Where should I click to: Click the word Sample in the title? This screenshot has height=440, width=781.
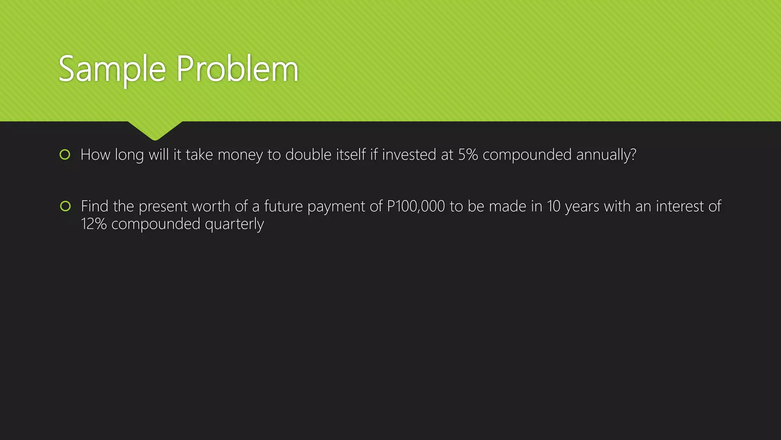point(112,70)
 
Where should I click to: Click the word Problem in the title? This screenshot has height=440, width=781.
point(237,70)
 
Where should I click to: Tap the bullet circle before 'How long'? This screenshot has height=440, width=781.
point(65,155)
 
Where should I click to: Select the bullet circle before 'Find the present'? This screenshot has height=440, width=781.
point(65,206)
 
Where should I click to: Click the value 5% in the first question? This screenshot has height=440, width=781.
point(468,155)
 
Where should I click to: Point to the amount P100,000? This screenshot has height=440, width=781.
point(416,206)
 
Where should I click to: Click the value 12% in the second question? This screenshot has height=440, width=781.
point(93,224)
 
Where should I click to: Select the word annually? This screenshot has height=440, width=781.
point(606,155)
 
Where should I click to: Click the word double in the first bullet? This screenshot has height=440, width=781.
point(308,155)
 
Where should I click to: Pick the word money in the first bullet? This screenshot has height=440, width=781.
point(240,155)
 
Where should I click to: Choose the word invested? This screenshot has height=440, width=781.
point(409,155)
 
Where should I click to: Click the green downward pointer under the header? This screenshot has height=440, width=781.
point(155,130)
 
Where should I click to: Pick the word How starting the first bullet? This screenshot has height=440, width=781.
point(95,155)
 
